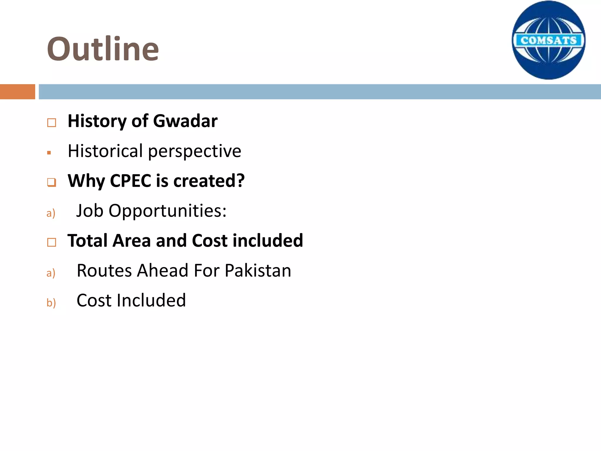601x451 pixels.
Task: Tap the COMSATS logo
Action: click(548, 40)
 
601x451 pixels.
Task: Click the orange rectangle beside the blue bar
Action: click(17, 92)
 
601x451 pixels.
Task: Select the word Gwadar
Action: click(185, 121)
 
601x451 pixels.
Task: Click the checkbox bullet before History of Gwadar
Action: click(52, 122)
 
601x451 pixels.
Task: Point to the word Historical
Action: click(105, 151)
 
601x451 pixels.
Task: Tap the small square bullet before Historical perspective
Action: click(49, 153)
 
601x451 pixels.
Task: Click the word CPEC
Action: click(131, 181)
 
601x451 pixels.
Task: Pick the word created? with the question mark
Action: click(209, 181)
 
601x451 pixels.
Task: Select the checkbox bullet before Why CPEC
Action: click(52, 182)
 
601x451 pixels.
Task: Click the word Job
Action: click(90, 211)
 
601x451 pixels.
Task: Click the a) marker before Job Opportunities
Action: click(51, 213)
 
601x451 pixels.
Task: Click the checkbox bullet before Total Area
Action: click(52, 242)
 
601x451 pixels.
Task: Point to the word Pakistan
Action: click(258, 270)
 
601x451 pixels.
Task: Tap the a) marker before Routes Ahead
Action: click(51, 273)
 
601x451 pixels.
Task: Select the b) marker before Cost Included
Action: click(51, 302)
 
